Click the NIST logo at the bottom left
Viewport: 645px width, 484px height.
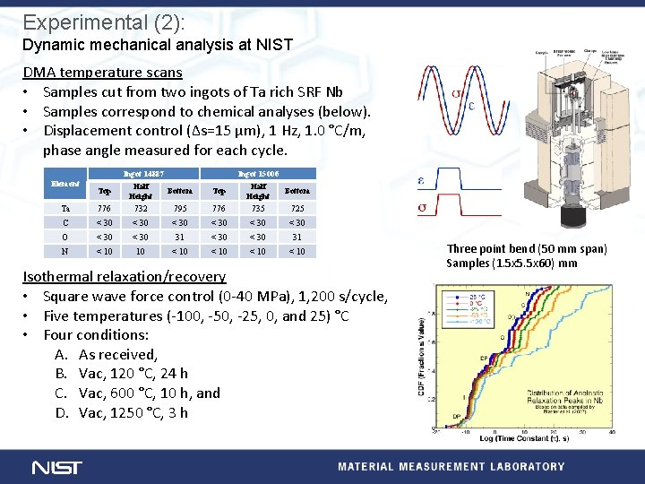[57, 467]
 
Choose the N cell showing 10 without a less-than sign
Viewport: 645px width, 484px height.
[141, 251]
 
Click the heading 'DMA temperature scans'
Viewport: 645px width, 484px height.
[102, 73]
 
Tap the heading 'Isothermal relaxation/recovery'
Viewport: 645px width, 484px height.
[124, 276]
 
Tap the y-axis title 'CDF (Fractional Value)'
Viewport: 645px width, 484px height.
[422, 359]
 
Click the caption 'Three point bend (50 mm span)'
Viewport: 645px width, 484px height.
[527, 249]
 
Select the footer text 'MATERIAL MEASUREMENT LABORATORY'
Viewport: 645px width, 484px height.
[451, 466]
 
